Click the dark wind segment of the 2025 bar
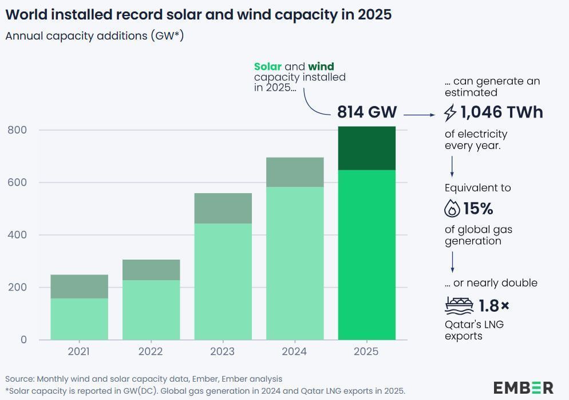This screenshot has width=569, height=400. coord(366,148)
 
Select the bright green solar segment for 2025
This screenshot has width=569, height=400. coord(366,254)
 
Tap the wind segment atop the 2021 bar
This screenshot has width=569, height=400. coord(80,287)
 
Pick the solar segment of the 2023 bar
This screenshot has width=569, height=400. coord(223,281)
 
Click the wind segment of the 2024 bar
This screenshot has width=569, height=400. coord(295,172)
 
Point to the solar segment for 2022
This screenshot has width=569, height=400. coord(151,309)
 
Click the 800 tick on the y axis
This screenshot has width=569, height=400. coord(17,130)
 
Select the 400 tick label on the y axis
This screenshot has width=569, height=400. coord(17,235)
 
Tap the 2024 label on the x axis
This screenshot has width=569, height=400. coord(295,351)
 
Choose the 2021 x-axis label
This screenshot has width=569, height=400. coord(80,351)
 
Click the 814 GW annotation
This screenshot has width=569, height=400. coord(367,112)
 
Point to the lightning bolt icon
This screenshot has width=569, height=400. coord(451,112)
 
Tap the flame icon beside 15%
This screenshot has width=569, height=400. coord(452,208)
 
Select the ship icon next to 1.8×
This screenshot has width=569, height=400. coord(459,305)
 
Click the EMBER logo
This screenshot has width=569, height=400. coord(523,387)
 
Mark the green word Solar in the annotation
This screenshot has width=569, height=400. coord(268,67)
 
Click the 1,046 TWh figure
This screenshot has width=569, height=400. coord(501,112)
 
